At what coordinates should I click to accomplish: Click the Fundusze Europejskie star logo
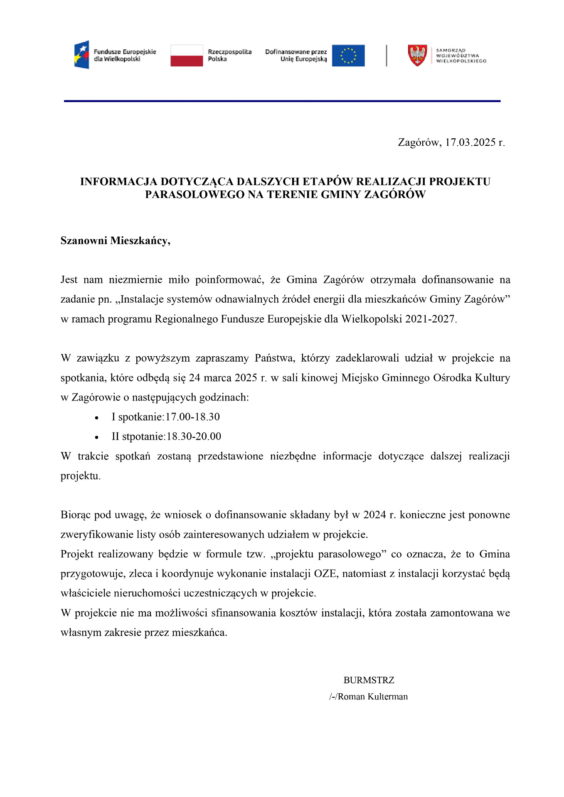click(82, 55)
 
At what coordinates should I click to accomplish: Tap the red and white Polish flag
click(187, 56)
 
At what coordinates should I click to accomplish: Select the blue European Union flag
click(348, 56)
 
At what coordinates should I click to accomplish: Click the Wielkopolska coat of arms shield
click(417, 56)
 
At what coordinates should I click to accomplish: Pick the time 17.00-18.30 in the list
click(192, 417)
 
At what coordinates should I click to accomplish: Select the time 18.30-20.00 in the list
click(194, 436)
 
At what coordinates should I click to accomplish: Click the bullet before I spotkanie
click(96, 418)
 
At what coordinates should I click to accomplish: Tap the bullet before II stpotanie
click(96, 437)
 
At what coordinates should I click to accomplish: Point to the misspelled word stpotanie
click(143, 436)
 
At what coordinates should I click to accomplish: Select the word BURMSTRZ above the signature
click(369, 680)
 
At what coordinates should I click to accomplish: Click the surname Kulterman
click(387, 696)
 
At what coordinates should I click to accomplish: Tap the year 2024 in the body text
click(374, 515)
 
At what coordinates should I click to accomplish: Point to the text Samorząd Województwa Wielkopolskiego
click(461, 56)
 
